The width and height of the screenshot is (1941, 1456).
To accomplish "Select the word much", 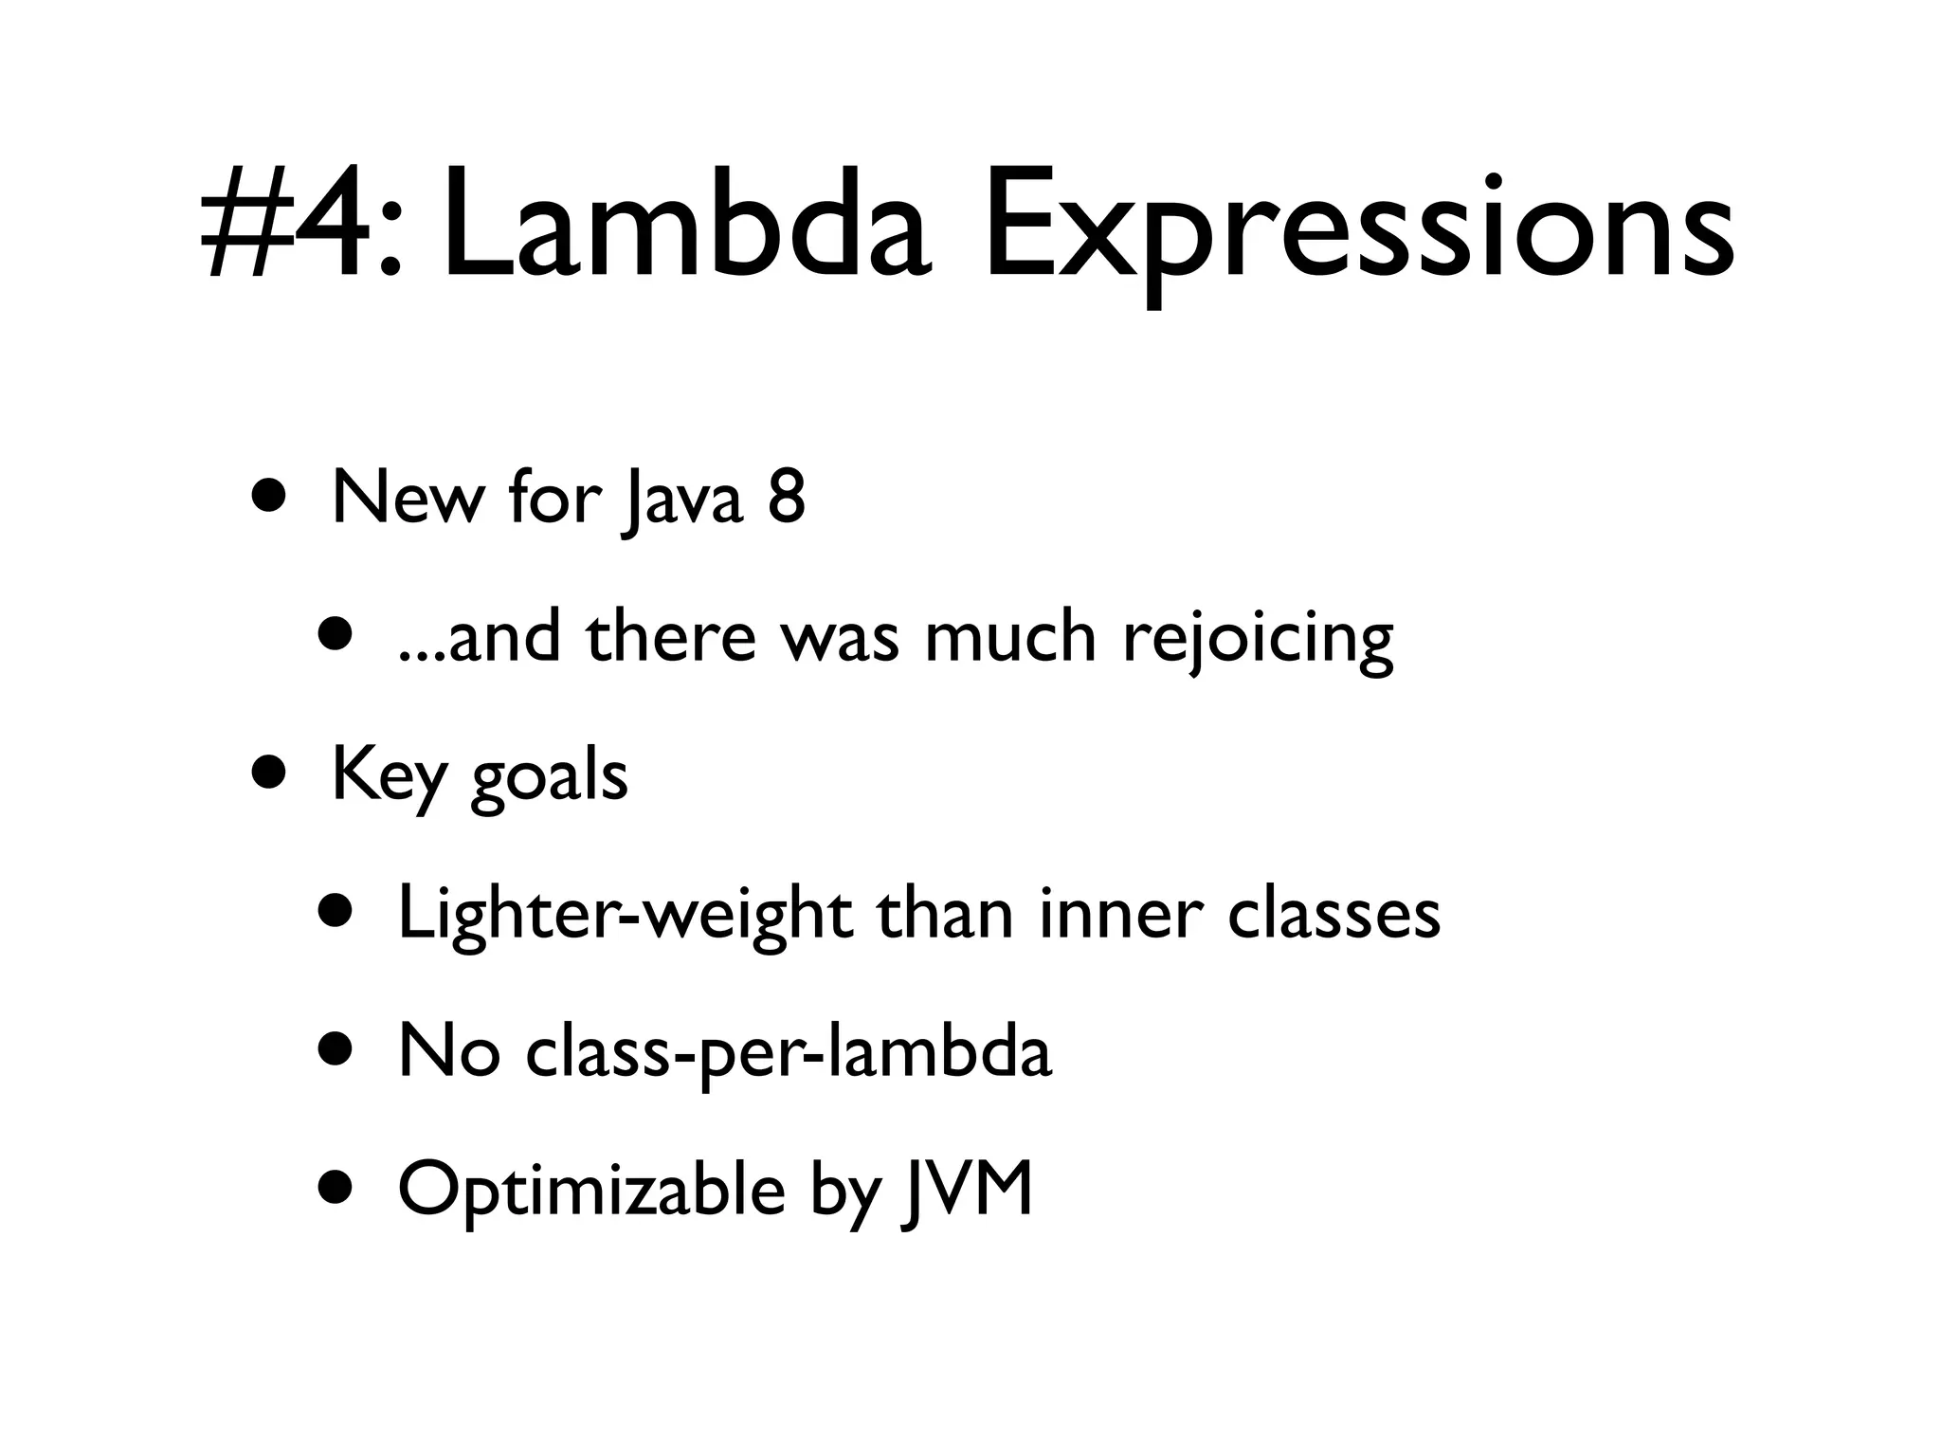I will point(1009,636).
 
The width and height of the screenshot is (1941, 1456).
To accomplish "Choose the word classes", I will point(1333,915).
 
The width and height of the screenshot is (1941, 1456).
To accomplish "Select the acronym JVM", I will point(968,1189).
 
